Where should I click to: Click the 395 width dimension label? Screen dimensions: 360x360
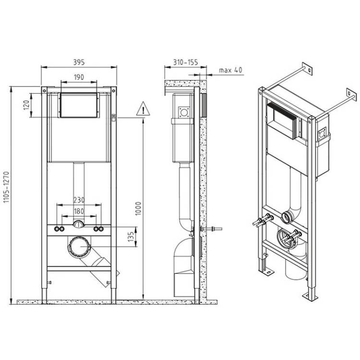click(79, 62)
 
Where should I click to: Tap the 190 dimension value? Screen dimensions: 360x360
click(79, 77)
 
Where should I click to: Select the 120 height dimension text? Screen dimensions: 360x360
click(27, 105)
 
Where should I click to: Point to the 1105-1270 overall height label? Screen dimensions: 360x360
click(6, 187)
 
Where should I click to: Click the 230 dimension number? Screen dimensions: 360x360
click(79, 200)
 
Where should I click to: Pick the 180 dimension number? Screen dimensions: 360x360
click(79, 211)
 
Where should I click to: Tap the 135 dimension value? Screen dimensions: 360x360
click(131, 237)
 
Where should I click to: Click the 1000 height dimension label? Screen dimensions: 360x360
click(138, 209)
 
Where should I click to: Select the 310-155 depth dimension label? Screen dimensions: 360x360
click(185, 62)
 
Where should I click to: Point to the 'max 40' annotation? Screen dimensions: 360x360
click(230, 70)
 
